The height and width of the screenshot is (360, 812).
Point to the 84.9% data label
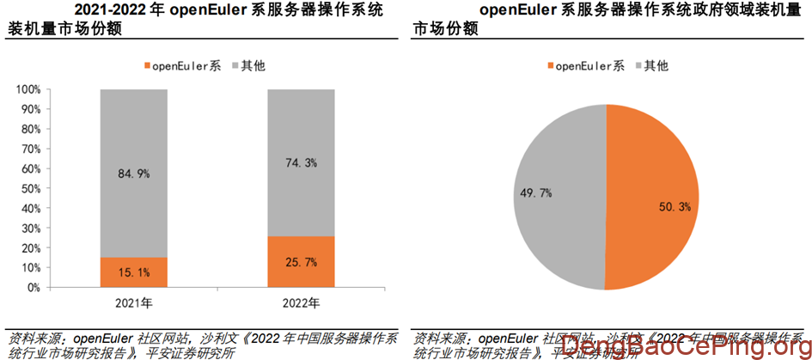(x=133, y=174)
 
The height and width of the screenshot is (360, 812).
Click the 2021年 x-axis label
(x=133, y=303)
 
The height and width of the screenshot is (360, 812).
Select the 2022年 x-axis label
(x=301, y=303)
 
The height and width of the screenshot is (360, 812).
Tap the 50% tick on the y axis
(x=30, y=188)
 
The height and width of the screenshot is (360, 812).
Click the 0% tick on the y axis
(x=34, y=288)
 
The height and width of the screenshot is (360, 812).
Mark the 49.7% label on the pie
(x=535, y=193)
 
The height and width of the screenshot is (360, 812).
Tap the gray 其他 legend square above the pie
(x=637, y=65)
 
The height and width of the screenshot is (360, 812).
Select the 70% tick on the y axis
(x=30, y=149)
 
